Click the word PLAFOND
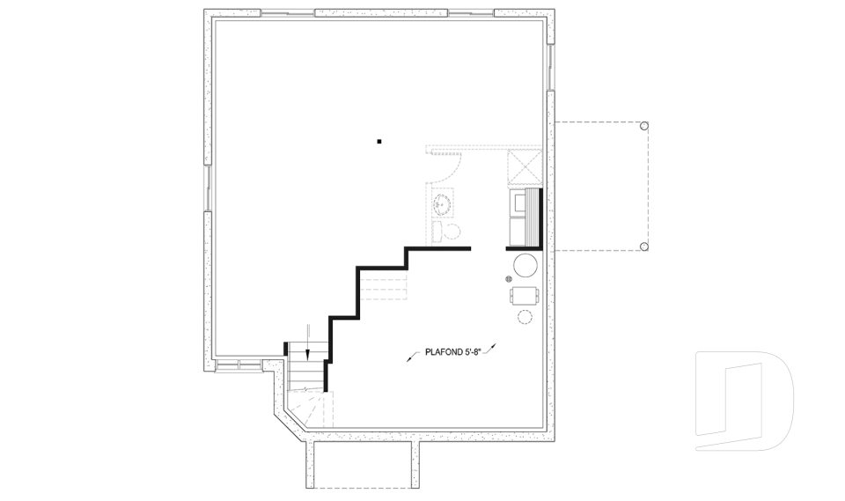coord(444,352)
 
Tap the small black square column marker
coord(379,141)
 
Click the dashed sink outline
coord(444,203)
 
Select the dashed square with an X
coord(525,166)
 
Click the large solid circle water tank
coord(525,265)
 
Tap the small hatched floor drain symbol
coord(508,279)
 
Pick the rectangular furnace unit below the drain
coord(524,296)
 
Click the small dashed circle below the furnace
coord(525,317)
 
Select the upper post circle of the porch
coord(643,126)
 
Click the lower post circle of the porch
coord(643,247)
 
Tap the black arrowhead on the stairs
coord(307,354)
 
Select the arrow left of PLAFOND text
coord(412,357)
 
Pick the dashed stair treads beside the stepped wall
coord(383,286)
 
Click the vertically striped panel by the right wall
coord(532,217)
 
